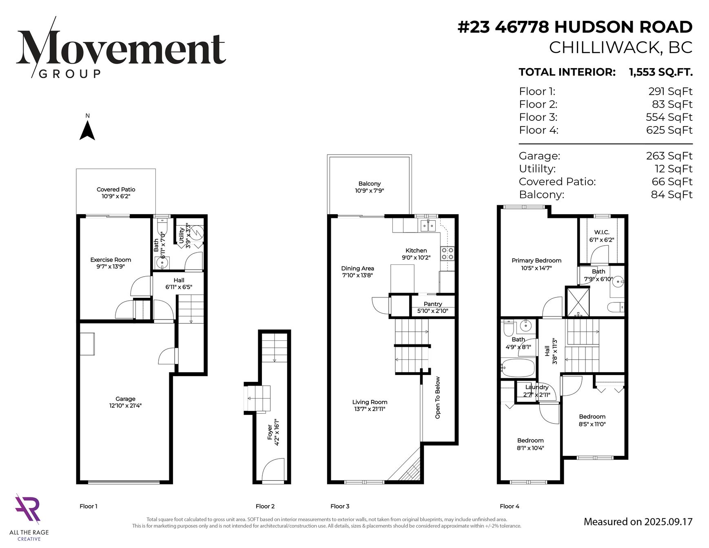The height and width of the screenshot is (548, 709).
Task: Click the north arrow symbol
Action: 87,131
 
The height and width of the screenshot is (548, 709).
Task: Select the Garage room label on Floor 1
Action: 125,399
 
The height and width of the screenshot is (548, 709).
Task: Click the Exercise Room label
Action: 111,260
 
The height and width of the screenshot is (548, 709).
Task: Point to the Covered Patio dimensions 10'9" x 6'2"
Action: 116,196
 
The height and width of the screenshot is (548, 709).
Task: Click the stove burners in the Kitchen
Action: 447,253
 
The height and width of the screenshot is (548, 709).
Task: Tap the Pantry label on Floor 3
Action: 433,304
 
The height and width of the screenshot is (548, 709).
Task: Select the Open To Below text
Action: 438,397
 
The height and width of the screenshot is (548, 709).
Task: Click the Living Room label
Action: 370,402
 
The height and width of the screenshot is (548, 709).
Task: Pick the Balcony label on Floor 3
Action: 370,184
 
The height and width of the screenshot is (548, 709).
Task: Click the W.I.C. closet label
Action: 602,232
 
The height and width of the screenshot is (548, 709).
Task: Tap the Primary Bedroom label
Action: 536,260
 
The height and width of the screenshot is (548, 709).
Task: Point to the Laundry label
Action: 537,387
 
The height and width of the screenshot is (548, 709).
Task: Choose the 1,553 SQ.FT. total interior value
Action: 660,72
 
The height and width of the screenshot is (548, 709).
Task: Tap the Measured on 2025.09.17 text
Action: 638,522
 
